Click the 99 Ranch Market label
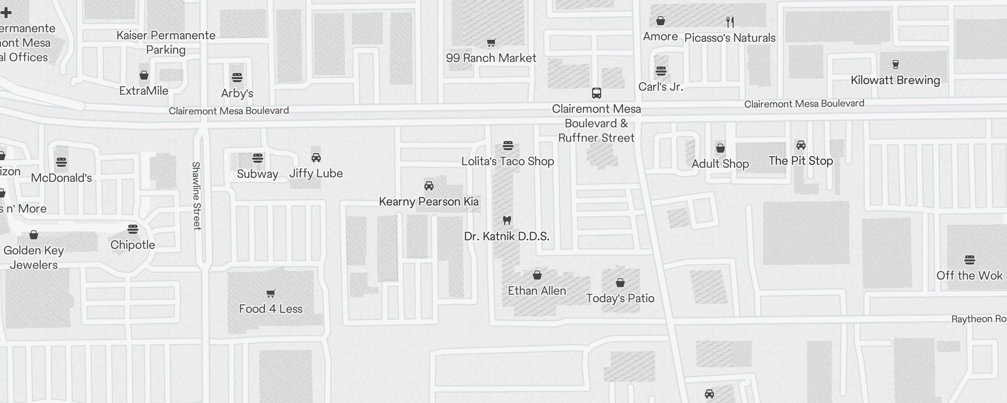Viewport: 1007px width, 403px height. [491, 58]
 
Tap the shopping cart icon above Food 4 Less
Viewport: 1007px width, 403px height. [271, 293]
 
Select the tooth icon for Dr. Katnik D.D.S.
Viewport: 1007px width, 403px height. [507, 221]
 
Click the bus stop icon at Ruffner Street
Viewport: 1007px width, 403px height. [597, 93]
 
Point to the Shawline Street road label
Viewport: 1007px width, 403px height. [196, 195]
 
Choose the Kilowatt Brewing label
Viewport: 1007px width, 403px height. [895, 80]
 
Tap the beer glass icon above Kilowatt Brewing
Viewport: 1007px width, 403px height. [895, 64]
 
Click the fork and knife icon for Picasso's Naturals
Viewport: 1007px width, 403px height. [730, 22]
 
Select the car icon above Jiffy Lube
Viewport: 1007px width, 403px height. [316, 157]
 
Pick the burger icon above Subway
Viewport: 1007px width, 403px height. [258, 158]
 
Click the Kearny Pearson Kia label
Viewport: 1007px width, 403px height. [428, 201]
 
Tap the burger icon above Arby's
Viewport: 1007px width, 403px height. [237, 78]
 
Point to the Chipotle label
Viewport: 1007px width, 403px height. [132, 245]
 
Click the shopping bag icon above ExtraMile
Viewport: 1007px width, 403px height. [144, 76]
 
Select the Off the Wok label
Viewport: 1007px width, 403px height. [969, 276]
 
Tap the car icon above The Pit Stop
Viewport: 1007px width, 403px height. [801, 145]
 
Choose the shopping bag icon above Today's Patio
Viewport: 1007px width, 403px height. [620, 283]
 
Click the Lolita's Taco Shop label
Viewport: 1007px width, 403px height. [508, 161]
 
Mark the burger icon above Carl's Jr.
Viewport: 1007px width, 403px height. [661, 71]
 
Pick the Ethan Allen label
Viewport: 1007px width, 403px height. [537, 291]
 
